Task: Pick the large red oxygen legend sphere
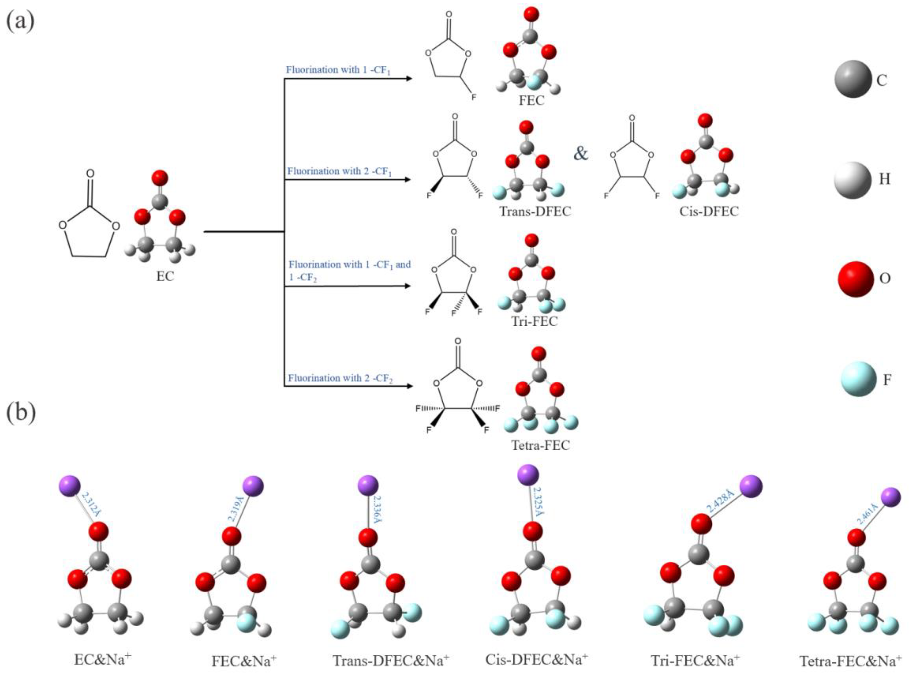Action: pyautogui.click(x=855, y=279)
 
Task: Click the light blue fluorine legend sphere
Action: pyautogui.click(x=858, y=379)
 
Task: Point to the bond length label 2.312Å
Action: pyautogui.click(x=92, y=504)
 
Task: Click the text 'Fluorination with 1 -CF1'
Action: pyautogui.click(x=338, y=70)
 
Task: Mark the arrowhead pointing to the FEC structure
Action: pyautogui.click(x=408, y=78)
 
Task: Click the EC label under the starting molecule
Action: pyautogui.click(x=165, y=276)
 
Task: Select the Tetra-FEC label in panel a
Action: pyautogui.click(x=540, y=445)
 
